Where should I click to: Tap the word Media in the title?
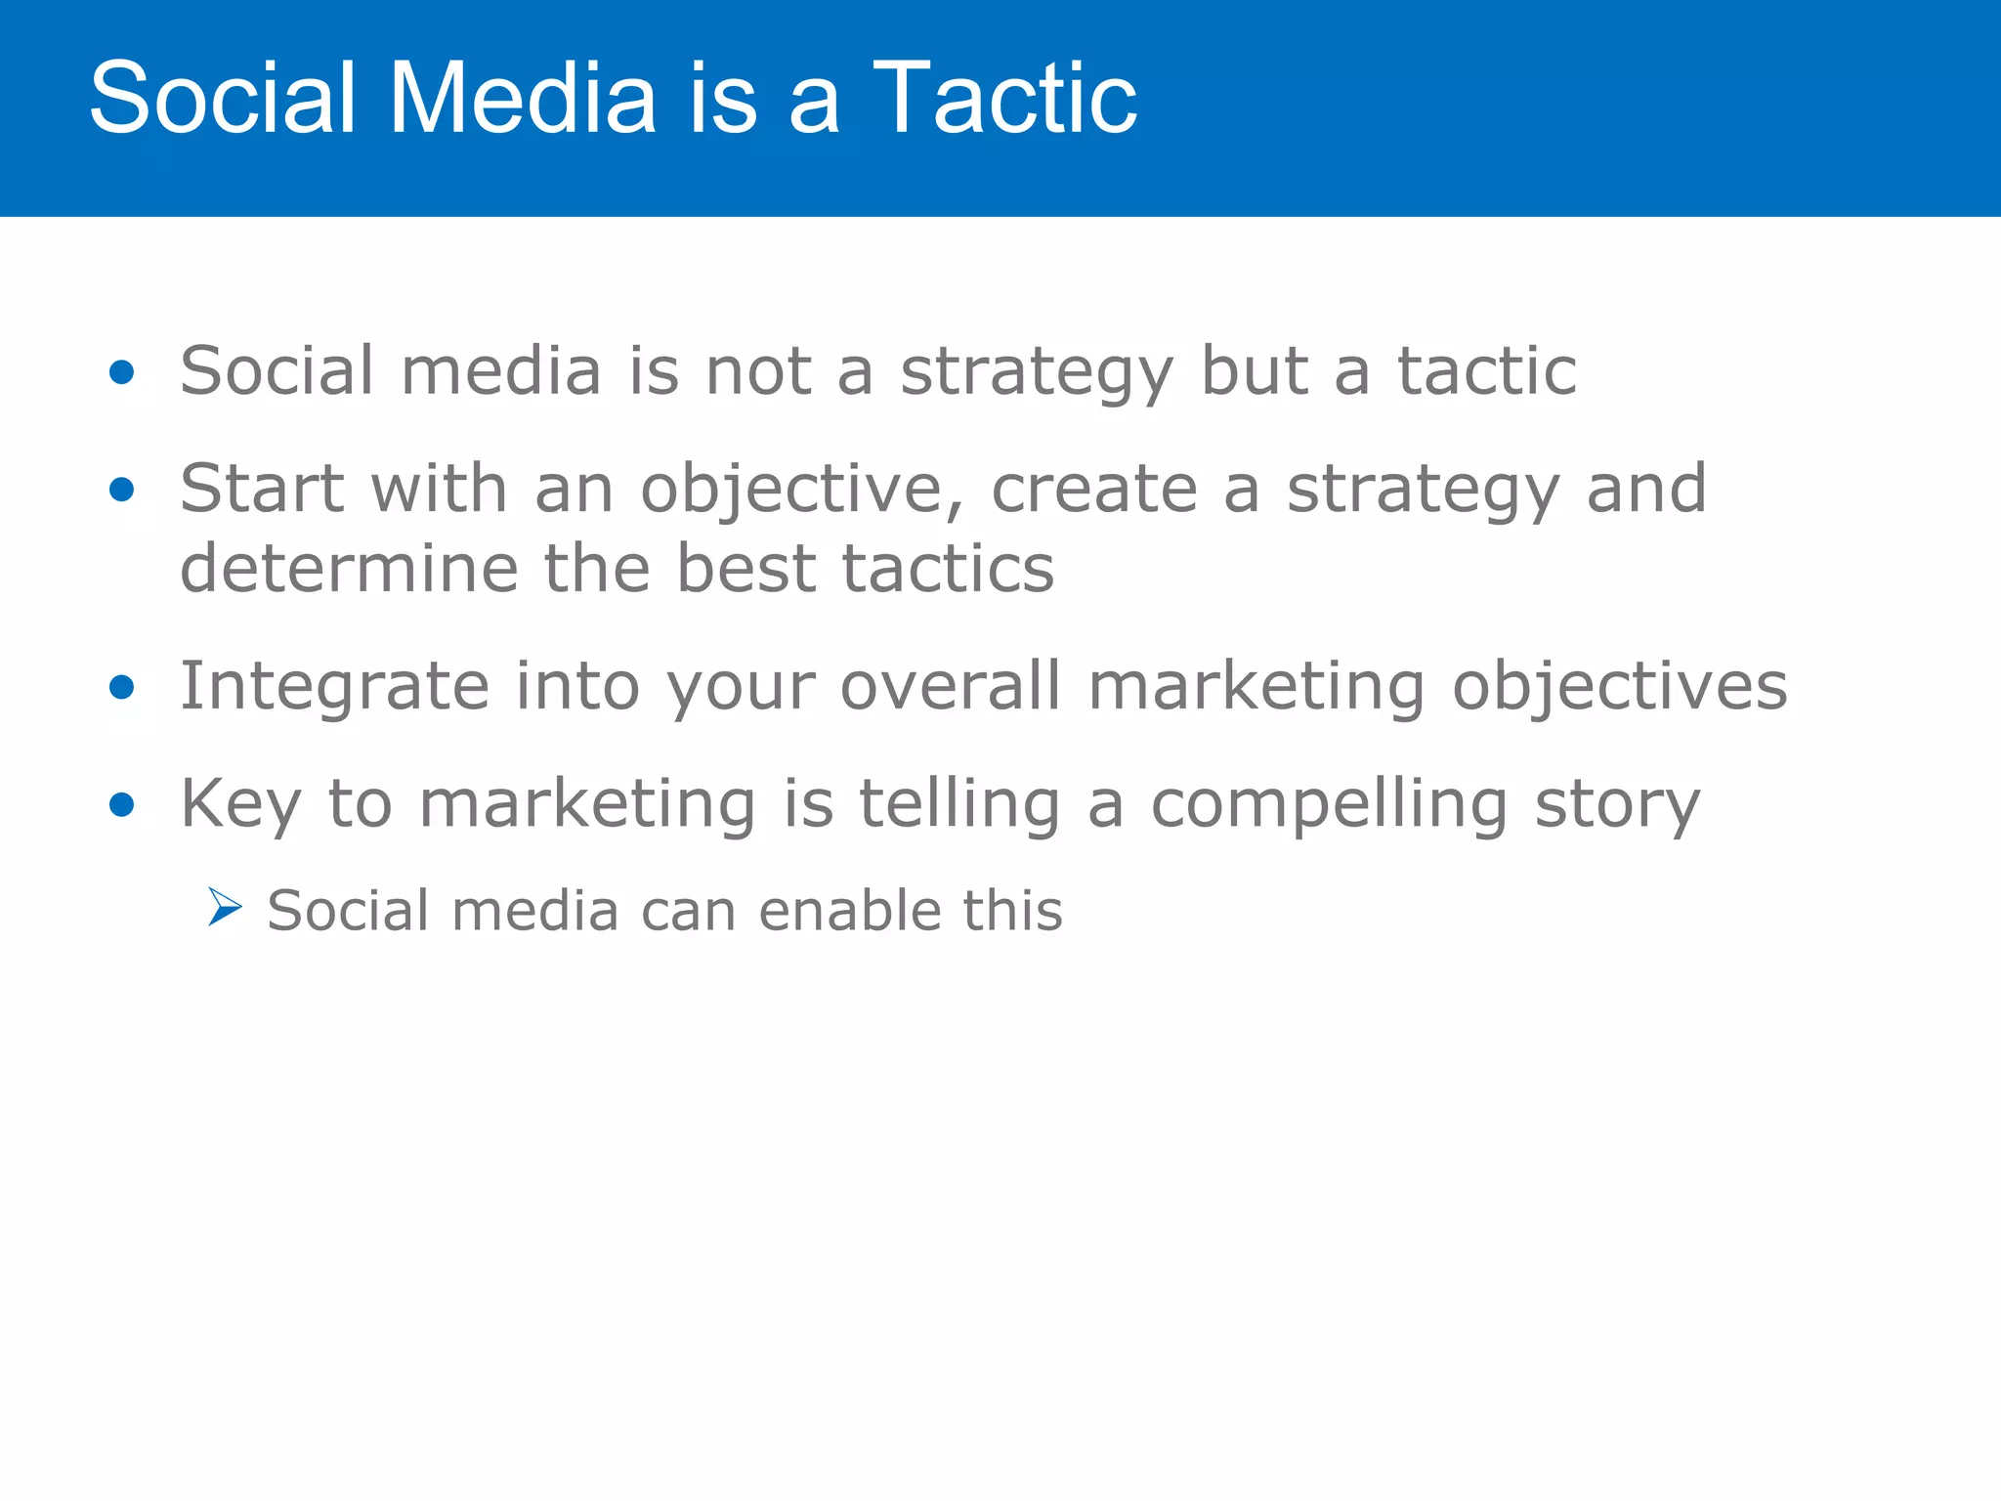tap(523, 98)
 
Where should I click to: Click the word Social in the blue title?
tap(223, 98)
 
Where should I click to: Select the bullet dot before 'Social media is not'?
tap(122, 372)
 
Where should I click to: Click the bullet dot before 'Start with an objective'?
tap(122, 490)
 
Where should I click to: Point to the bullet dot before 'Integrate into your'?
tap(122, 687)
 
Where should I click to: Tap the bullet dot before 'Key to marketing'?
tap(122, 805)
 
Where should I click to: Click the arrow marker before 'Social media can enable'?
tap(225, 908)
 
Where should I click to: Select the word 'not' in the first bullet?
tap(758, 372)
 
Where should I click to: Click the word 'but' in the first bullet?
tap(1254, 372)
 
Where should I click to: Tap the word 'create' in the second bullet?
tap(1094, 490)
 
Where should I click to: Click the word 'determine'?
tap(349, 569)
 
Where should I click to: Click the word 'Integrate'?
tap(334, 688)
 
